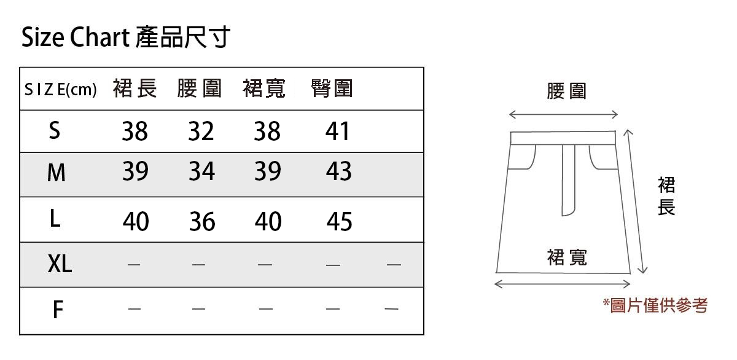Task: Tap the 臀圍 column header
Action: [332, 89]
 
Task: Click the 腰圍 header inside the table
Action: [199, 89]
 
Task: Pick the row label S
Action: [55, 130]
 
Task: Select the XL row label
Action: [60, 264]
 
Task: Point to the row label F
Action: [57, 310]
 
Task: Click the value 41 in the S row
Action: [337, 131]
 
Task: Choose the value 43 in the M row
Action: [338, 171]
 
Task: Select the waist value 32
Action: [201, 131]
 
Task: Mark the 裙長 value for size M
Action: [135, 171]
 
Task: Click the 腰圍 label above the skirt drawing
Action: [566, 92]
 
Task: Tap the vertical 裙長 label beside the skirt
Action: [666, 196]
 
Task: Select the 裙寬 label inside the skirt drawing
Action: [566, 257]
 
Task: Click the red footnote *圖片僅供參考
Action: [655, 305]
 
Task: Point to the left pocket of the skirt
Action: [523, 157]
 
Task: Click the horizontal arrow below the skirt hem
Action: [563, 284]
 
